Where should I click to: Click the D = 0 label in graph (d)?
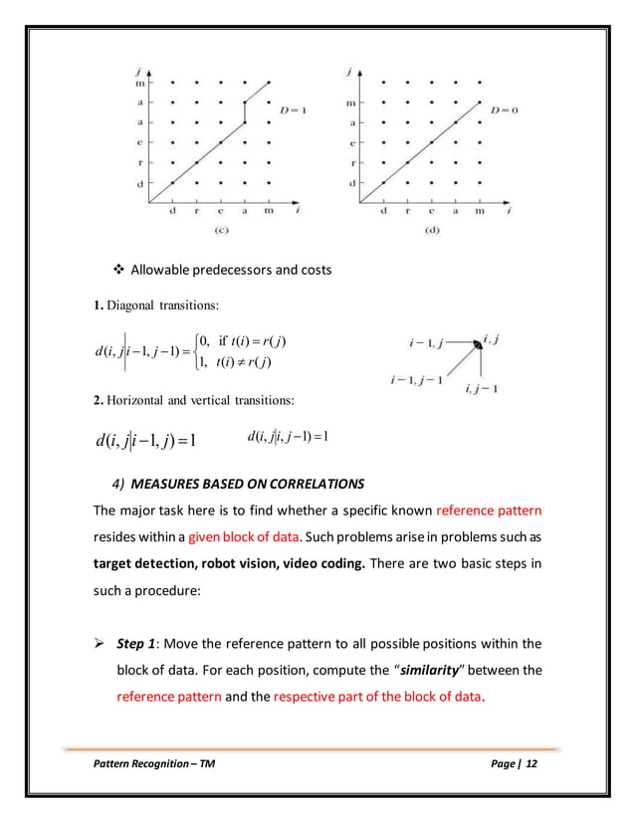point(505,110)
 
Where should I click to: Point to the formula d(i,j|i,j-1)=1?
point(289,437)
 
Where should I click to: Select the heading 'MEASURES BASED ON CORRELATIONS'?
point(249,484)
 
